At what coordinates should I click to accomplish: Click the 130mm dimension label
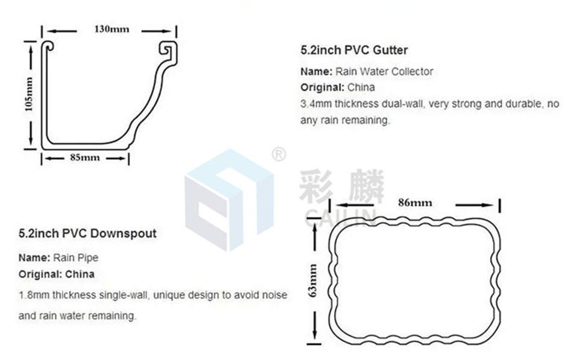(x=110, y=30)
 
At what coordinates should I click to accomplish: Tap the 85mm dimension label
(x=85, y=158)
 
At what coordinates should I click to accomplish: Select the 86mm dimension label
(x=414, y=203)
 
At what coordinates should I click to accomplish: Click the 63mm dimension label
(x=312, y=280)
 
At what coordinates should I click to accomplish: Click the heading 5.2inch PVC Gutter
(x=354, y=50)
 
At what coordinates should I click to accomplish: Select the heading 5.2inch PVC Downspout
(x=87, y=233)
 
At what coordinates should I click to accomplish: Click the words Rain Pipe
(x=75, y=257)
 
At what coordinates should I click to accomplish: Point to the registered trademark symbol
(x=278, y=155)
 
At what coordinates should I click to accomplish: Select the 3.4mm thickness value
(x=315, y=104)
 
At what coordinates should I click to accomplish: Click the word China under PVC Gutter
(x=361, y=87)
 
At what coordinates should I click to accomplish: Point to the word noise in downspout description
(x=274, y=295)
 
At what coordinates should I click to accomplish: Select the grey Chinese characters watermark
(x=341, y=187)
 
